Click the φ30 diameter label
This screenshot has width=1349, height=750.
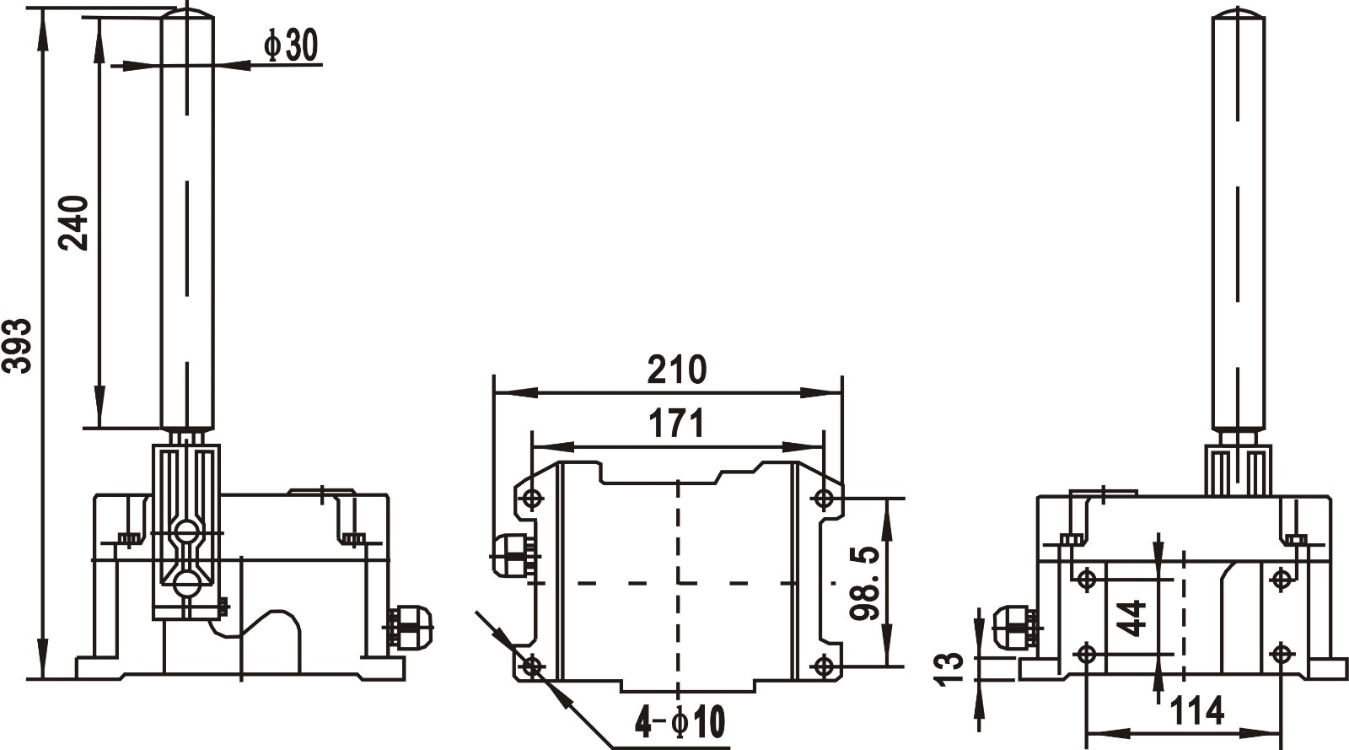(x=291, y=46)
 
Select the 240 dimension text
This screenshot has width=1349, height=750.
(x=74, y=223)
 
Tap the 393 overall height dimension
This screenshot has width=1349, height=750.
(x=18, y=345)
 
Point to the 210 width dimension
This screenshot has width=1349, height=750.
(x=676, y=370)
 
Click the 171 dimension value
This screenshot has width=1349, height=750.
(x=676, y=424)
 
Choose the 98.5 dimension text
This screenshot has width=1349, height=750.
(x=865, y=583)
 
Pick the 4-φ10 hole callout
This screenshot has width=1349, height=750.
(x=680, y=722)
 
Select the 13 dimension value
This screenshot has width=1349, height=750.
(x=950, y=668)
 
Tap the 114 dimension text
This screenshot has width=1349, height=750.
(x=1196, y=711)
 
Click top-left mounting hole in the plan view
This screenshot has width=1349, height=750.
(x=531, y=499)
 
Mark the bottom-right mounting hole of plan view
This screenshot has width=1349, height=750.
(x=824, y=666)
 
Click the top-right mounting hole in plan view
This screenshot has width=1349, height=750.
(x=824, y=499)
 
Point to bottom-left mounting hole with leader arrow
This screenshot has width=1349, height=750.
(x=531, y=666)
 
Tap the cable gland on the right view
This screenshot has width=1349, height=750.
(x=1015, y=629)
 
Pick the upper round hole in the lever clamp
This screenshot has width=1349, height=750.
(x=186, y=531)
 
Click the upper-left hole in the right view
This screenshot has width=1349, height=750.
(x=1087, y=579)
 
